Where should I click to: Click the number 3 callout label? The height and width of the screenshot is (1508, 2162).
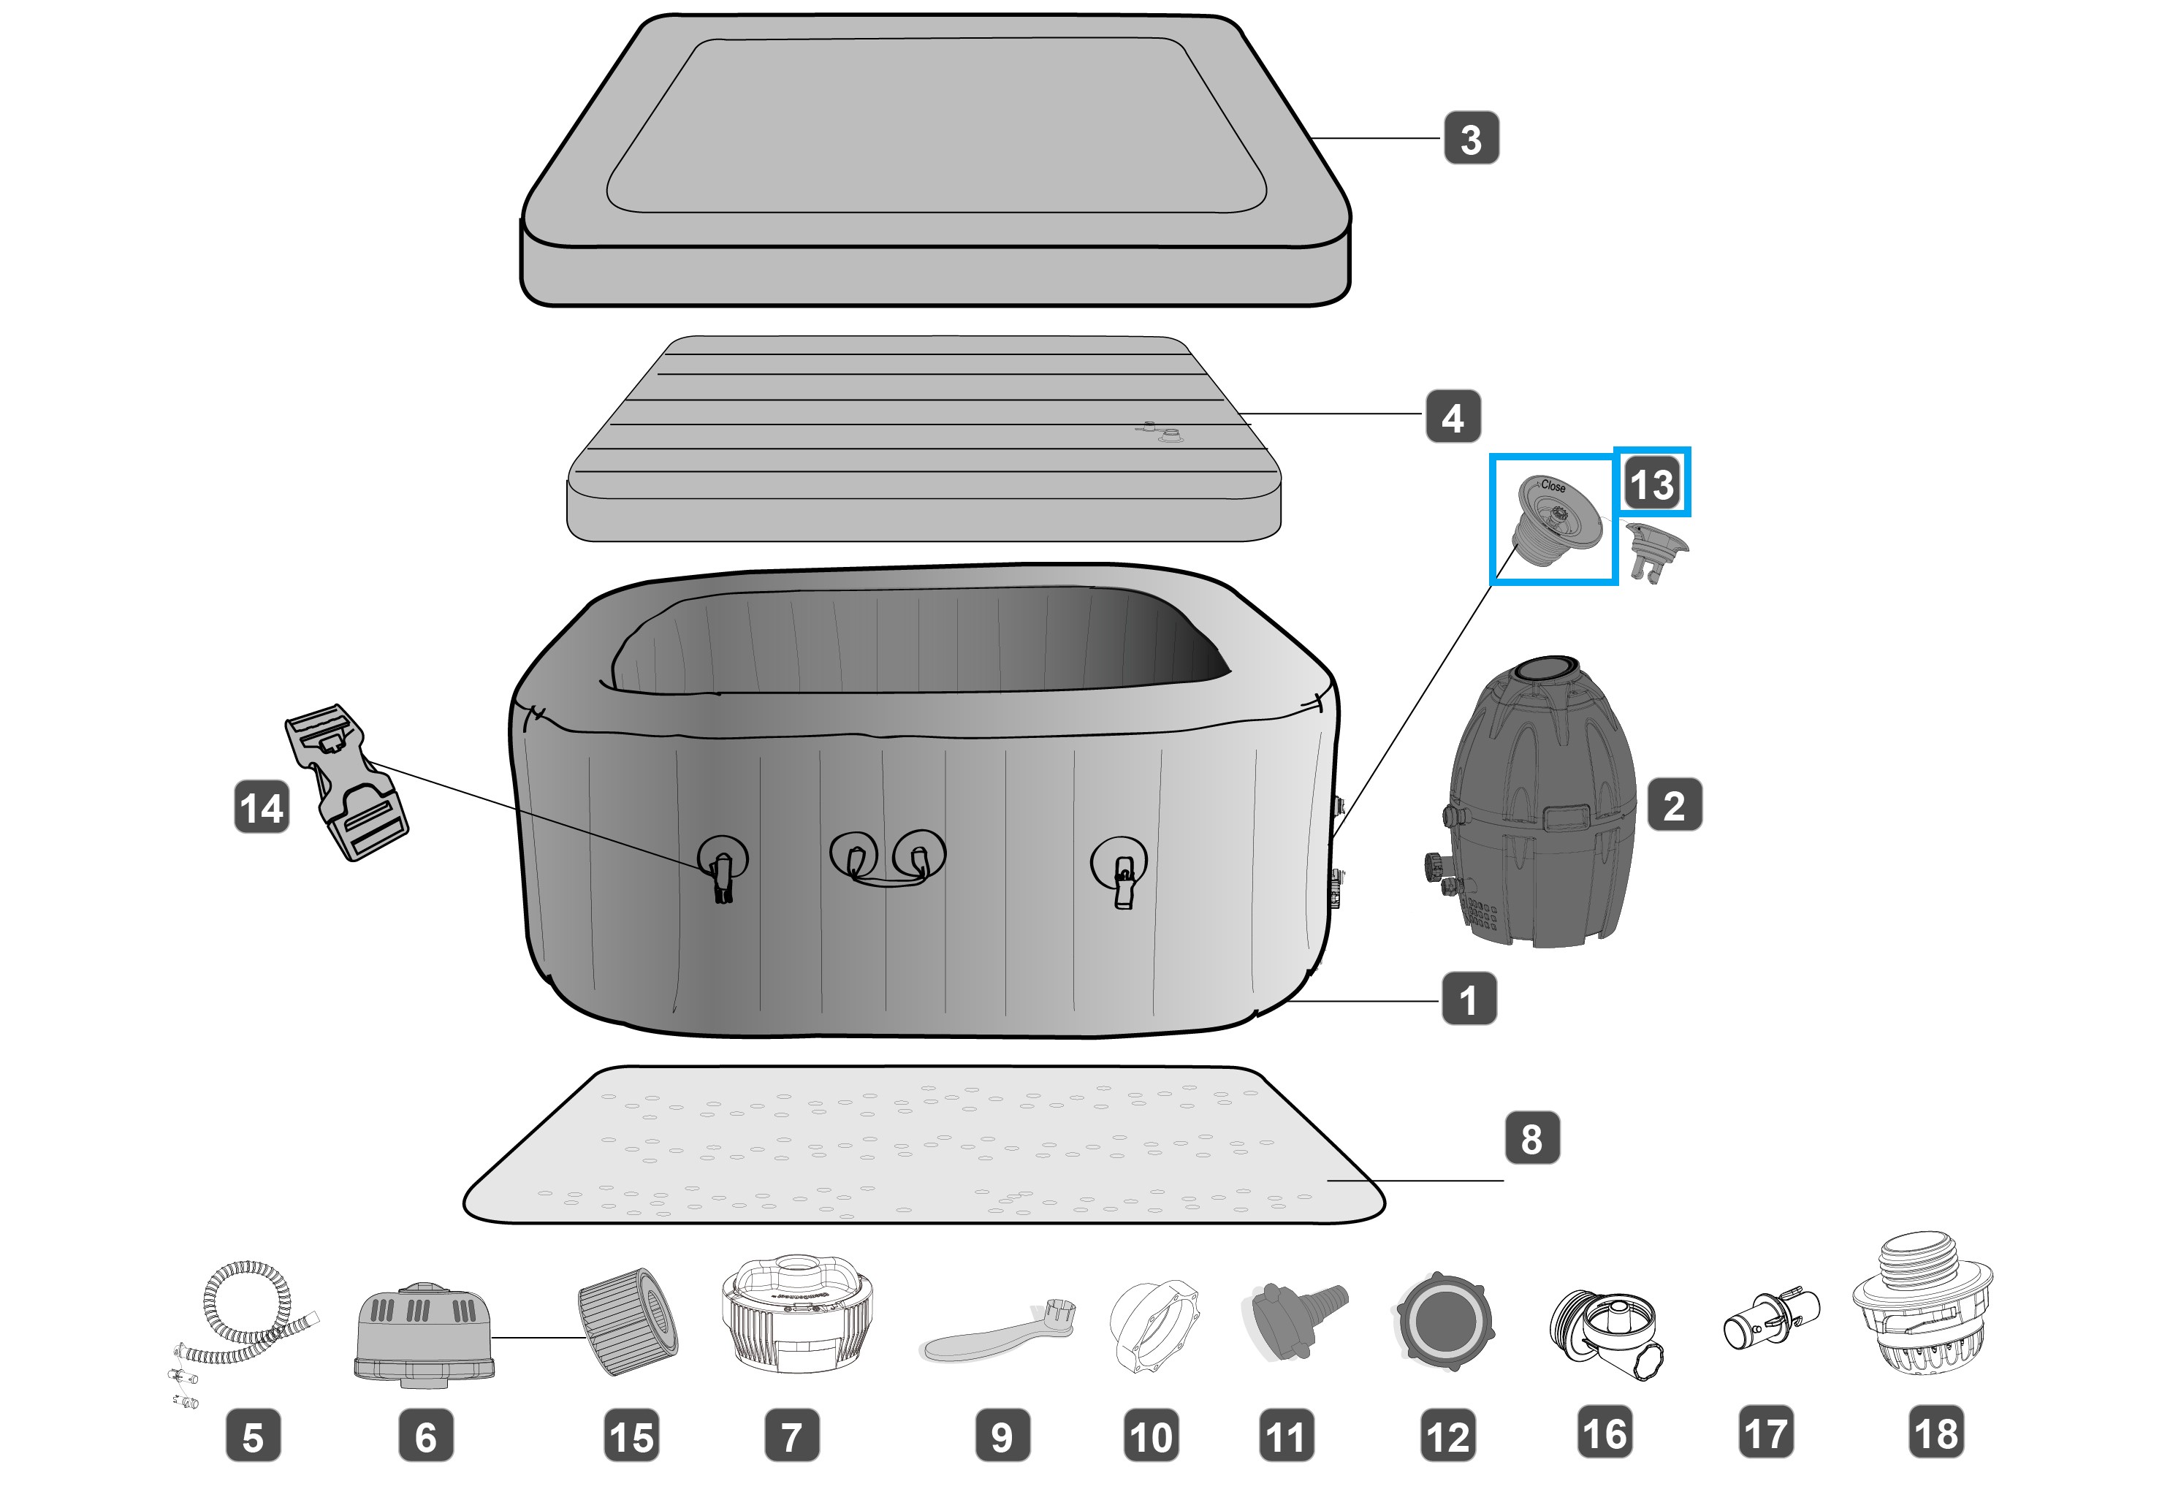click(x=1471, y=138)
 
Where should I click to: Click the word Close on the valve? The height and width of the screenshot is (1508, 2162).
click(x=1553, y=486)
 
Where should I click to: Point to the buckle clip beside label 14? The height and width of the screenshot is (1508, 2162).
click(x=346, y=782)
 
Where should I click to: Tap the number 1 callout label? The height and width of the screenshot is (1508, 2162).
click(x=1468, y=999)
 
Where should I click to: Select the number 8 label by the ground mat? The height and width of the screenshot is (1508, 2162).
click(x=1531, y=1138)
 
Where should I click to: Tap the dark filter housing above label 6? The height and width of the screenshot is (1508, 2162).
click(x=425, y=1335)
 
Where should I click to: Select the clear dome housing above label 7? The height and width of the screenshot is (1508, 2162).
click(x=796, y=1312)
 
